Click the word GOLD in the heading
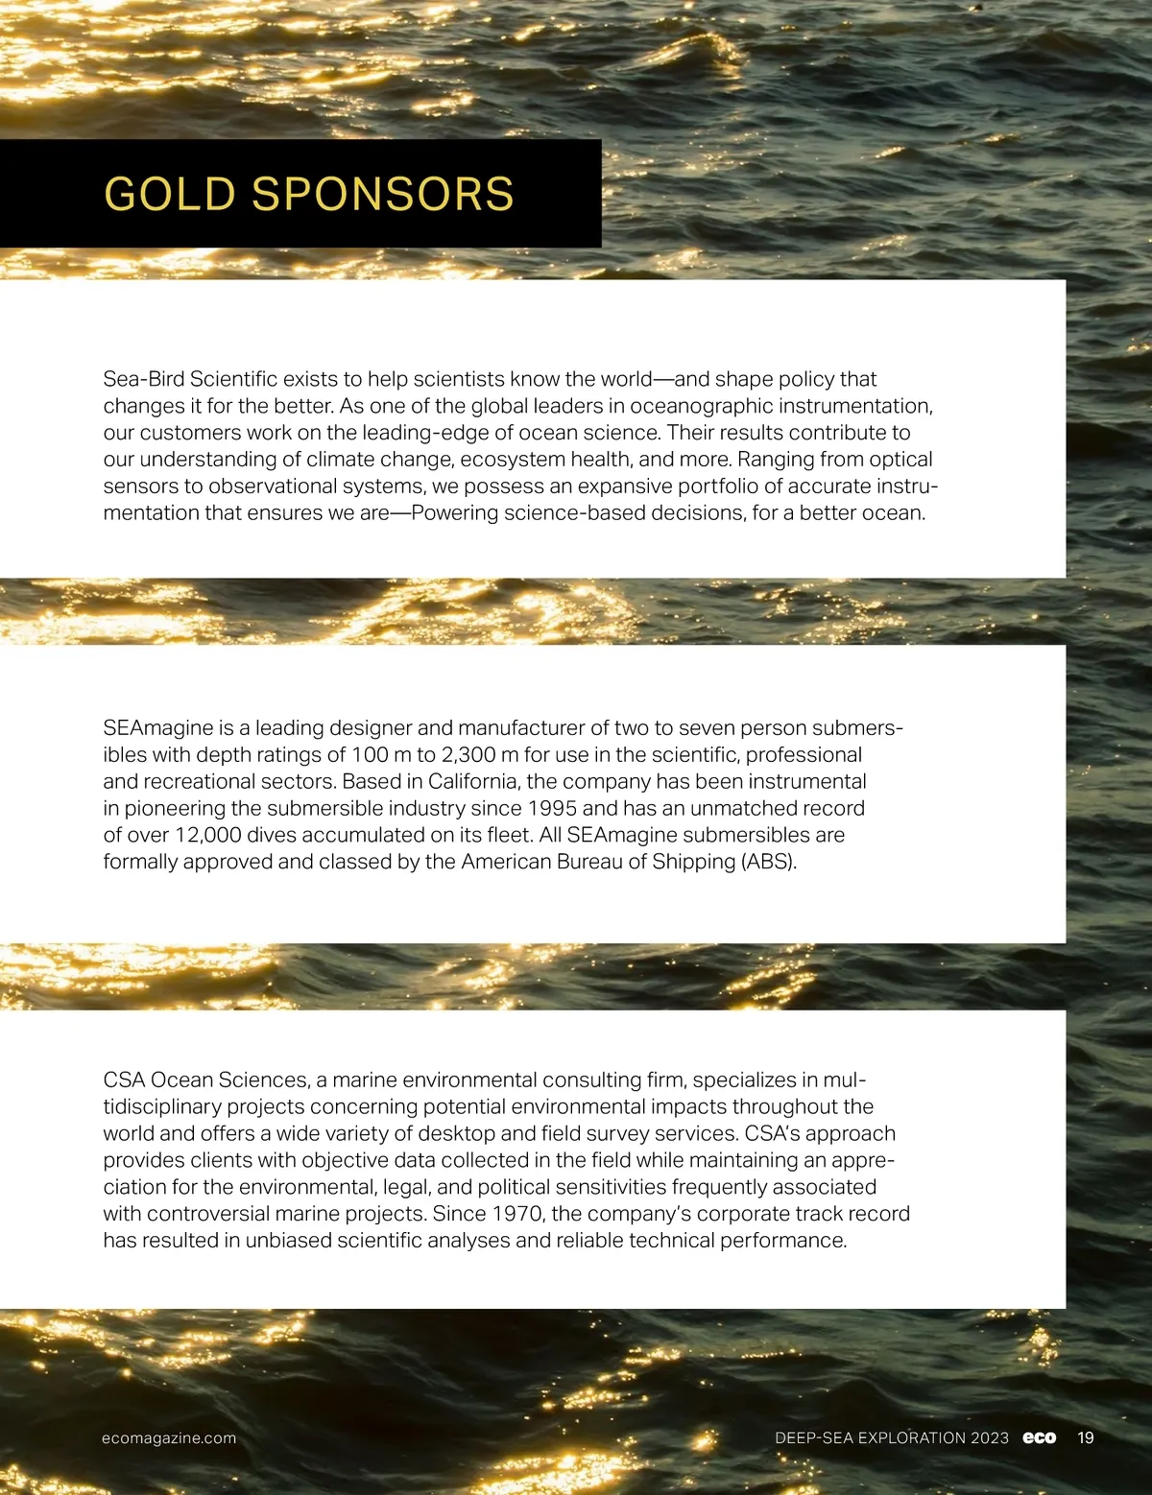(169, 194)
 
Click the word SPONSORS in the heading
(382, 194)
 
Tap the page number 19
(1085, 1437)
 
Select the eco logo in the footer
(1039, 1437)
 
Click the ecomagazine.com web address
(169, 1437)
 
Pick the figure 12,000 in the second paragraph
(208, 835)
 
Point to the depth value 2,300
(468, 754)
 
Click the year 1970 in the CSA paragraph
(517, 1213)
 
